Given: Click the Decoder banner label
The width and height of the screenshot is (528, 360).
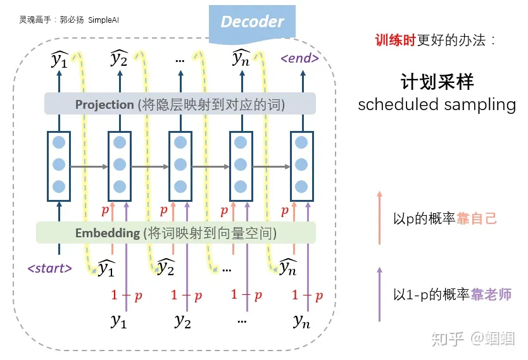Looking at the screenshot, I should [x=252, y=22].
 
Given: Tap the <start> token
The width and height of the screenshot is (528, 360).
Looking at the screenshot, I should [x=49, y=268].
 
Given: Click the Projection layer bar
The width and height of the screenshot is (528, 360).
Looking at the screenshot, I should [x=180, y=104].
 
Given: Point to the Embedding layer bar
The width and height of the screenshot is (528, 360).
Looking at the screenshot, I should [x=175, y=233].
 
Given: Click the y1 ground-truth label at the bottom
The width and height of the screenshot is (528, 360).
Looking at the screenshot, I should [x=118, y=321].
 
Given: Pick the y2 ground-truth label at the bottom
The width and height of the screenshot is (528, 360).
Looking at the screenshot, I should [x=182, y=321].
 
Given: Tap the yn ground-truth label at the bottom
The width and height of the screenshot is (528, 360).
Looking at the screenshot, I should [x=301, y=321].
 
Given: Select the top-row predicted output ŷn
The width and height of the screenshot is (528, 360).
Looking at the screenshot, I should [x=241, y=59].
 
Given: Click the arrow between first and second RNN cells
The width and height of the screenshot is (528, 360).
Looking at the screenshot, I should [x=89, y=167].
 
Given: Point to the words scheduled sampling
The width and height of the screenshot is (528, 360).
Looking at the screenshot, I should [x=436, y=104].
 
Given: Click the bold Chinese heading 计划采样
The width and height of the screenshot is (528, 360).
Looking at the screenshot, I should [x=437, y=82].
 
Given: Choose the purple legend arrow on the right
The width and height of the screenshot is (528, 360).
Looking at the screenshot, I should [x=379, y=294].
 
